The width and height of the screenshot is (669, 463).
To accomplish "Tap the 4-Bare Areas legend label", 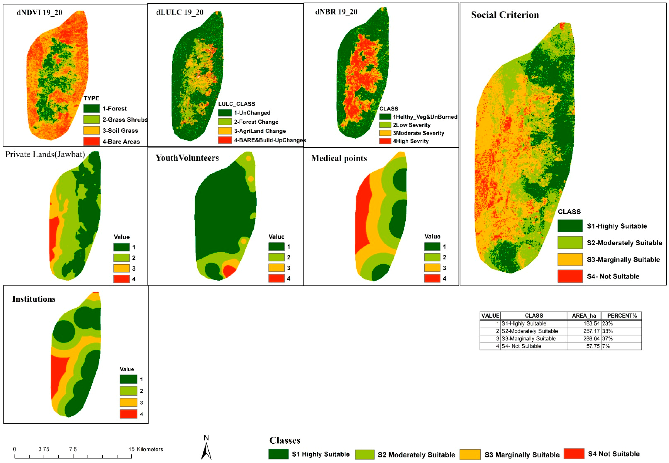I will (121, 142).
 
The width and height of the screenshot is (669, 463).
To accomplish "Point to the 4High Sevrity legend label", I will (410, 141).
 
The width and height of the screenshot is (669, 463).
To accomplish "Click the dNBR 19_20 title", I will (336, 12).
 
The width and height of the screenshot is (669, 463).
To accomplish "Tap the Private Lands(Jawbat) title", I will (45, 154).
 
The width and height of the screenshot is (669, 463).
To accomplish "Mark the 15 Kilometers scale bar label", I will (146, 449).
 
